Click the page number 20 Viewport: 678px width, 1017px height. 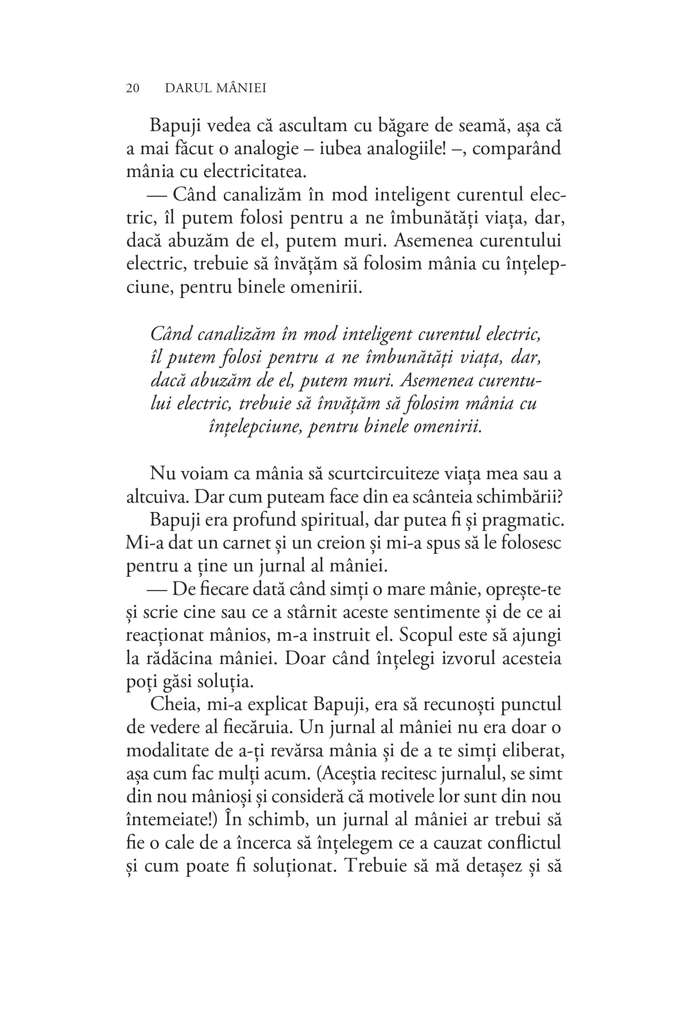[133, 88]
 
